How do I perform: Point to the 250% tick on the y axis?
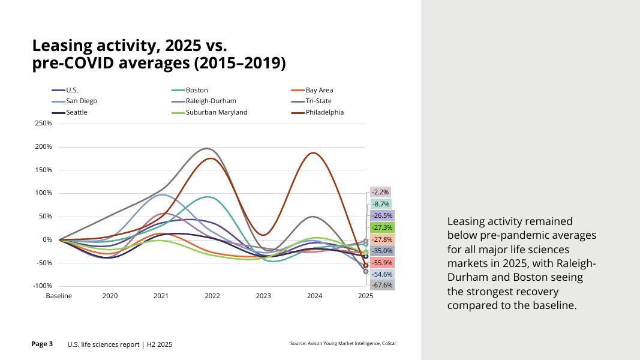(x=43, y=124)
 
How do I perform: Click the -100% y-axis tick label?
(x=42, y=286)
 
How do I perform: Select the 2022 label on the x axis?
(x=212, y=296)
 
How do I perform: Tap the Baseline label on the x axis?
(x=59, y=296)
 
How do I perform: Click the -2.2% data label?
(x=380, y=192)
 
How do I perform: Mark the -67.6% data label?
(x=382, y=286)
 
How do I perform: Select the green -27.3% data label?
(x=382, y=227)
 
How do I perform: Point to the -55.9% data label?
(x=382, y=263)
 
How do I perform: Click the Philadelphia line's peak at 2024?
(x=314, y=152)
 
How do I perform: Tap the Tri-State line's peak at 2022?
(x=208, y=148)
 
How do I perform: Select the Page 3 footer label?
(x=42, y=344)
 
